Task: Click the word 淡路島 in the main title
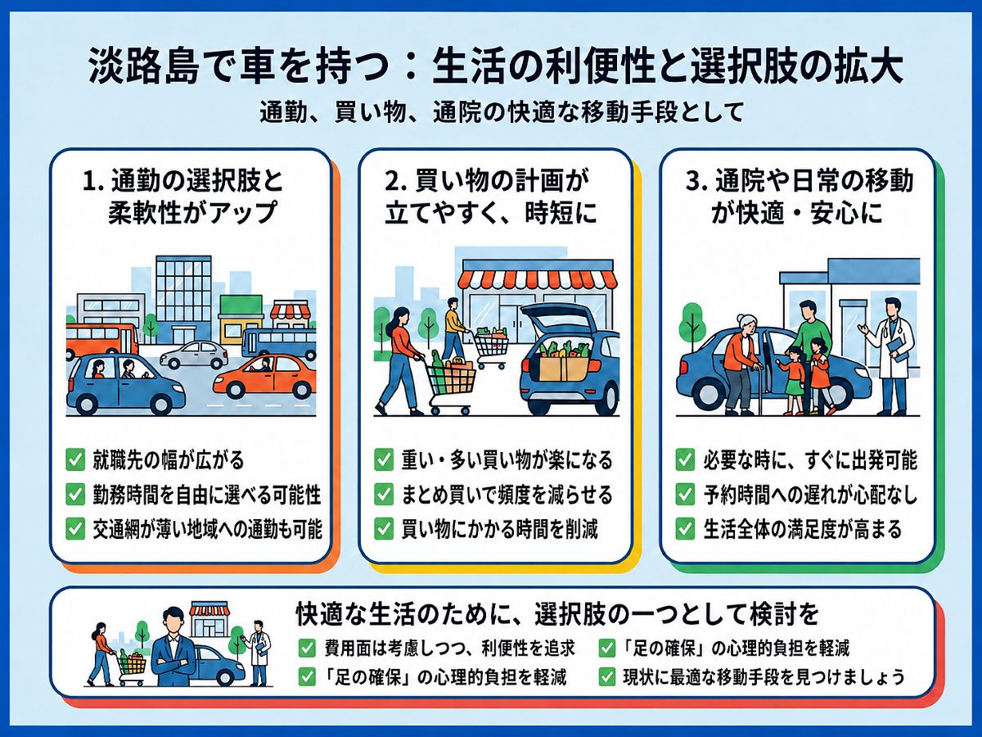point(143,69)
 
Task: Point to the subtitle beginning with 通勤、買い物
point(502,112)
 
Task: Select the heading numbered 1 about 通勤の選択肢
point(183,197)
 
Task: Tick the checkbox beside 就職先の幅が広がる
point(75,460)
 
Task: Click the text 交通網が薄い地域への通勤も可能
point(207,529)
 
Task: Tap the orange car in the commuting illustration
point(264,376)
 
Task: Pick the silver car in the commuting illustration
point(193,355)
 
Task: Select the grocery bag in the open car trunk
point(565,363)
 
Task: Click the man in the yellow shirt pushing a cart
point(455,328)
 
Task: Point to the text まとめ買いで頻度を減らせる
point(507,495)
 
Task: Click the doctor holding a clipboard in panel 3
point(888,355)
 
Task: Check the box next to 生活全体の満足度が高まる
point(685,529)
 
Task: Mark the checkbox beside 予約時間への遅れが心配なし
point(685,495)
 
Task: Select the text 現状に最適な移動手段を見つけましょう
point(764,677)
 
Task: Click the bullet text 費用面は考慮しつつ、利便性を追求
point(449,648)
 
